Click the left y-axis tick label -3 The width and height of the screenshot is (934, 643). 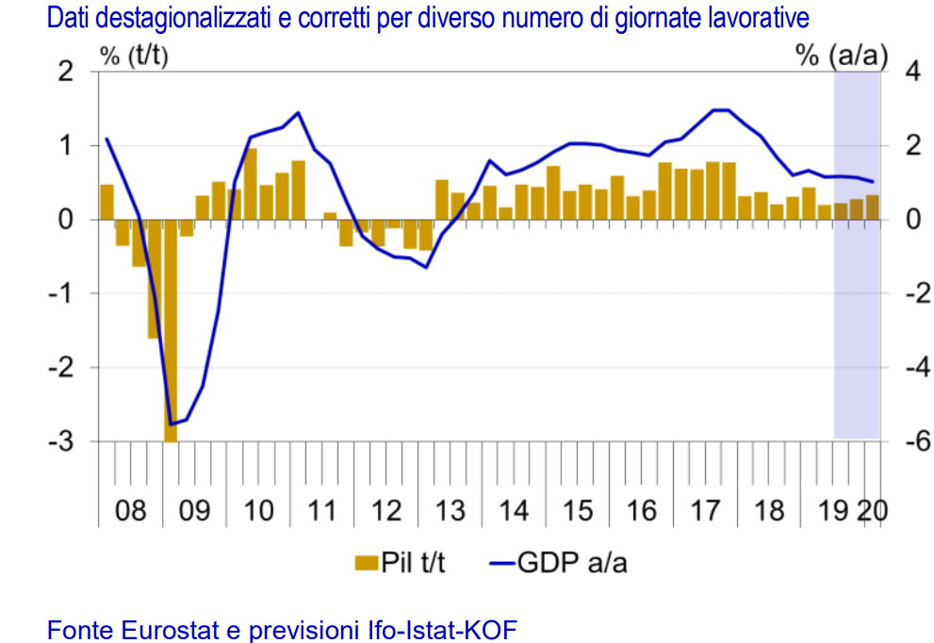pos(60,441)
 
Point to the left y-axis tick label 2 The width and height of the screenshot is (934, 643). pos(66,72)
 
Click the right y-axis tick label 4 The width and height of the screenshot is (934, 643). pos(909,72)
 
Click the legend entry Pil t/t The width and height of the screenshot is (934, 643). pos(413,563)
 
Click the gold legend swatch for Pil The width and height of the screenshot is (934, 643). pos(366,564)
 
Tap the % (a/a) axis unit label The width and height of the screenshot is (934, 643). pos(842,56)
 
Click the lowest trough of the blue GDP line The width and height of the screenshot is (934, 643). pos(172,424)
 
